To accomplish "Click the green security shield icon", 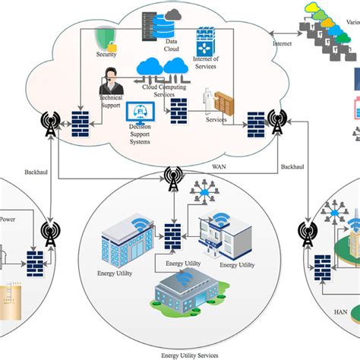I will pos(106,38).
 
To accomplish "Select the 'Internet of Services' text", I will pos(205,62).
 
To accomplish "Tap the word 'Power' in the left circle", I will pos(7,220).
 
